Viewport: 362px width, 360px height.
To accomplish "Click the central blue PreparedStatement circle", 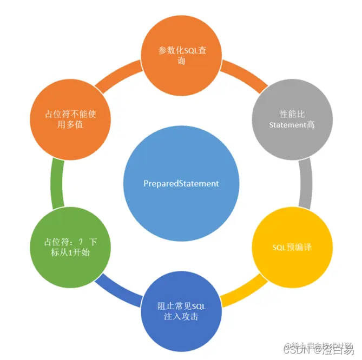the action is coord(181,183).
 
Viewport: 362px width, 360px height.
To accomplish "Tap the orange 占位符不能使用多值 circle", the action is coord(71,119).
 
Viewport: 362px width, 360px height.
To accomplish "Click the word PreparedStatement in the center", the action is coord(181,183).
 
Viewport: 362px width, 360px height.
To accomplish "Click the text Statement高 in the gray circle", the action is coord(292,125).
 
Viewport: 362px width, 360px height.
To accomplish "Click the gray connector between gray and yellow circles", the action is coord(306,183).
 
